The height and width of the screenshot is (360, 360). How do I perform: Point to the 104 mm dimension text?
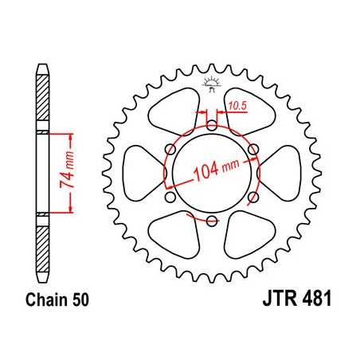coord(216,169)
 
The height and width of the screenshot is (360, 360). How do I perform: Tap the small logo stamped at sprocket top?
coord(211,82)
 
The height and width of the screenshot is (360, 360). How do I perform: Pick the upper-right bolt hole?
coord(252,149)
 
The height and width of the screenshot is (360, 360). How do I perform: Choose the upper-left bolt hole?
coord(170,149)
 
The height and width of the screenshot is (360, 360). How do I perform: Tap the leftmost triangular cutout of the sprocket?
coord(143,173)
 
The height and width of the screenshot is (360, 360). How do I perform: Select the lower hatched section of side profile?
coord(43,243)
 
